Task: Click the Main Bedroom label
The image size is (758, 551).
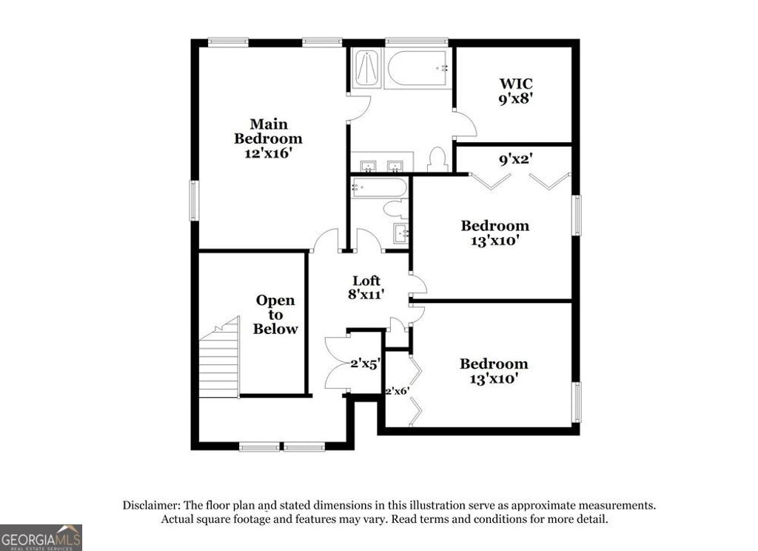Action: point(268,131)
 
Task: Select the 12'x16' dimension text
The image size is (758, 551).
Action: point(268,153)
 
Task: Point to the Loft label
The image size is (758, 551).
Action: point(366,281)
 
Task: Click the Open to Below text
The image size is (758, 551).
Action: point(275,315)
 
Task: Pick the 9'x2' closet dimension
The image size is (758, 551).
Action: point(517,158)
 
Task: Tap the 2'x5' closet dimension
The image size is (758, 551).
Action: point(365,364)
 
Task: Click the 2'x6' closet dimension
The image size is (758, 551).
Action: point(396,390)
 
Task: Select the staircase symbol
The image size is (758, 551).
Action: point(219,358)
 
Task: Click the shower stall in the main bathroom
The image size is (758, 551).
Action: point(365,68)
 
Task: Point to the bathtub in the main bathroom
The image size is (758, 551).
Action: point(417,68)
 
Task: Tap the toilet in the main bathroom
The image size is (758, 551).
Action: point(437,158)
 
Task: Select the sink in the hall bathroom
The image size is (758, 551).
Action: point(402,233)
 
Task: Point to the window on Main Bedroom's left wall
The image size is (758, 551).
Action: point(194,200)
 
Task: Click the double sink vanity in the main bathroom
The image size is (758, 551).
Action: point(382,164)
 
